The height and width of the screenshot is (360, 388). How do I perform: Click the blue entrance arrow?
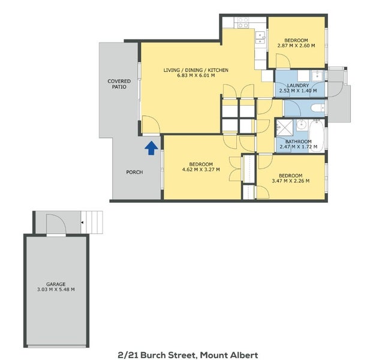point(151,146)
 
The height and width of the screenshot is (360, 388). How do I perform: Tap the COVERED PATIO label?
point(119,84)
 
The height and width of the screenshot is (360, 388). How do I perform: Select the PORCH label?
point(134,172)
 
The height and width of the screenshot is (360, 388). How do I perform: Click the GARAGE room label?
point(56,284)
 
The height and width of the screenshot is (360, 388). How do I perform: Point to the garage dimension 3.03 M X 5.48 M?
point(56,290)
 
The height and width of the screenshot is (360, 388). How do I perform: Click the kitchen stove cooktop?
point(243,22)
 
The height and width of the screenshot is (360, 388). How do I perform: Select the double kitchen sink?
point(260,38)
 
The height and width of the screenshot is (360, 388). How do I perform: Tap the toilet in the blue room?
point(317,109)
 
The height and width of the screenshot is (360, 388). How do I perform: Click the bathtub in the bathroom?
point(317,135)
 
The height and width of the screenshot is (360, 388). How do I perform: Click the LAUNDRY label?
point(298,85)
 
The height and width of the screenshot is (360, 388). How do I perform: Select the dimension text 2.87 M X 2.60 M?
point(297,45)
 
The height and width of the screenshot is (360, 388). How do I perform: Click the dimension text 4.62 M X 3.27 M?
point(200,170)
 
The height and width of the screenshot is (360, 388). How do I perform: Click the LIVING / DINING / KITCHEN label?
point(195,70)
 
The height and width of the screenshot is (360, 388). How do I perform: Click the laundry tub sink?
point(316,76)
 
